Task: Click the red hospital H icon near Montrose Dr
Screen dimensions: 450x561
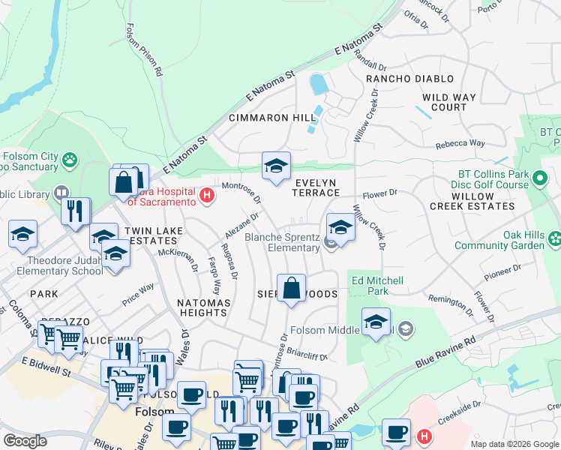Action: pyautogui.click(x=207, y=196)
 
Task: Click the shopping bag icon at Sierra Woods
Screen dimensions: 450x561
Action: pyautogui.click(x=291, y=288)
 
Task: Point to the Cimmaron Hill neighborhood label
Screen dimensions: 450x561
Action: pyautogui.click(x=272, y=118)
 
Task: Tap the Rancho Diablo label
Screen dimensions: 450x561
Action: pyautogui.click(x=409, y=79)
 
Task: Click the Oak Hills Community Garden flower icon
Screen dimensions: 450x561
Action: pyautogui.click(x=554, y=239)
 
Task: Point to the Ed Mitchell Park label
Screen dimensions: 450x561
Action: pyautogui.click(x=378, y=286)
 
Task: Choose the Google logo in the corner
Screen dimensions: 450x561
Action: pyautogui.click(x=25, y=441)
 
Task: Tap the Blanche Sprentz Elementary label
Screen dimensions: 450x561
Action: pyautogui.click(x=283, y=242)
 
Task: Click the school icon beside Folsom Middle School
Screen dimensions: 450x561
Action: pyautogui.click(x=376, y=322)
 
